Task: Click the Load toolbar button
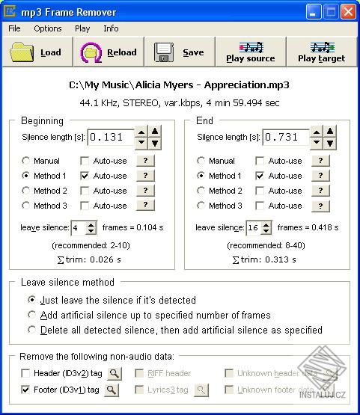[x=37, y=52]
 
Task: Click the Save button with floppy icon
[x=179, y=52]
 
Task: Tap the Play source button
[x=250, y=52]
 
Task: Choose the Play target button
[x=321, y=52]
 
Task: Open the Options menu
[x=48, y=28]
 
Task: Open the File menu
[x=15, y=28]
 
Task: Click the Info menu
[x=111, y=28]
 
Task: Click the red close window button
[x=348, y=11]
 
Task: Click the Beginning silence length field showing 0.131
[x=111, y=138]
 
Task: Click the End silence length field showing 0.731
[x=285, y=138]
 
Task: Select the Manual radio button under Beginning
[x=26, y=161]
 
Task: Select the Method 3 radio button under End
[x=201, y=206]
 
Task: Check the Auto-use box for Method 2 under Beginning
[x=85, y=191]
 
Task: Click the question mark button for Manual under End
[x=320, y=161]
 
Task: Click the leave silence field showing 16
[x=253, y=228]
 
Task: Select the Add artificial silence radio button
[x=32, y=315]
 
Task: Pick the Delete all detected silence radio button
[x=32, y=330]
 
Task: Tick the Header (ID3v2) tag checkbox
[x=26, y=373]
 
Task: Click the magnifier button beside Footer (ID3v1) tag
[x=111, y=390]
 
